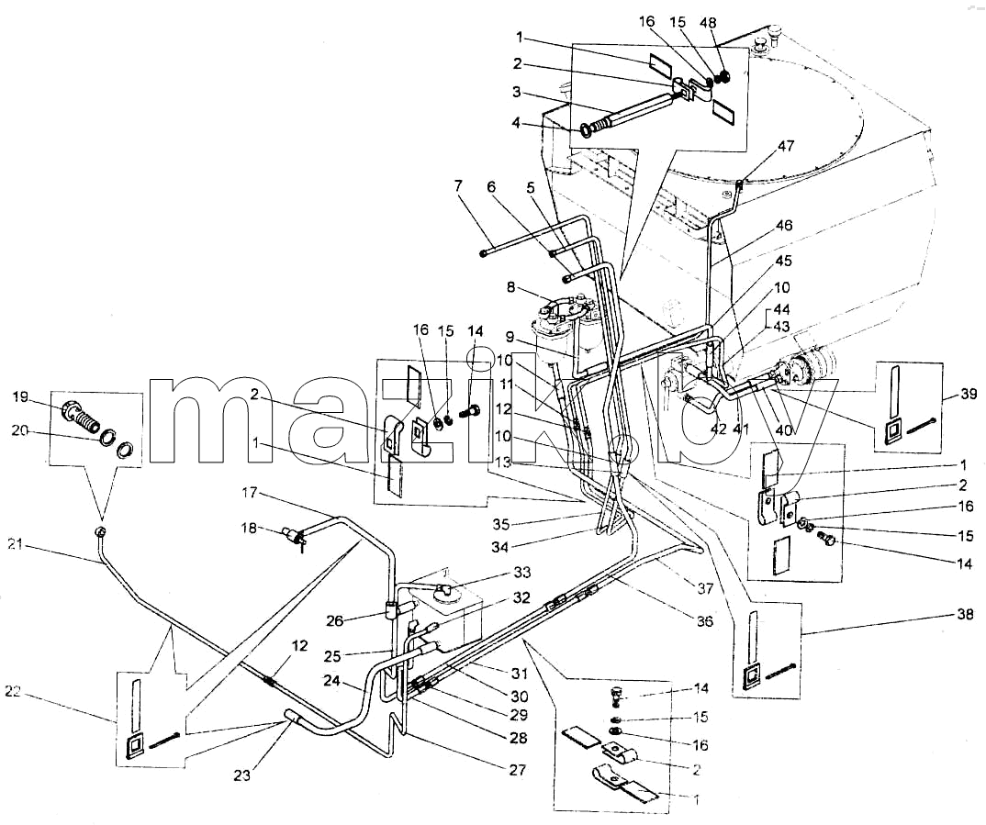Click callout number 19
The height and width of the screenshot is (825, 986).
pos(20,397)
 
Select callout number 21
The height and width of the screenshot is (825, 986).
pos(15,544)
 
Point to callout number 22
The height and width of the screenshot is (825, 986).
pos(13,692)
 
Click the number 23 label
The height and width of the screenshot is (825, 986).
pos(242,775)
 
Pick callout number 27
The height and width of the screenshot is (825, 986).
pos(518,770)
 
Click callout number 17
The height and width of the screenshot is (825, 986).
pos(250,493)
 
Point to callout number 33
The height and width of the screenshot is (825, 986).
pos(522,573)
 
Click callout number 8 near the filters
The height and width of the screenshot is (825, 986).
pos(511,287)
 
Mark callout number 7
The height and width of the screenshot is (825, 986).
pos(457,186)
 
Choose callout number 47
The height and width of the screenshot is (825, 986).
pos(786,146)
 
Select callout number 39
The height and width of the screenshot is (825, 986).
pos(969,394)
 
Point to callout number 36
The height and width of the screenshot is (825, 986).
pos(705,620)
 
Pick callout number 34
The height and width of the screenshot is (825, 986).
pos(500,547)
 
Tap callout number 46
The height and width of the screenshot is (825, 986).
pos(784,225)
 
